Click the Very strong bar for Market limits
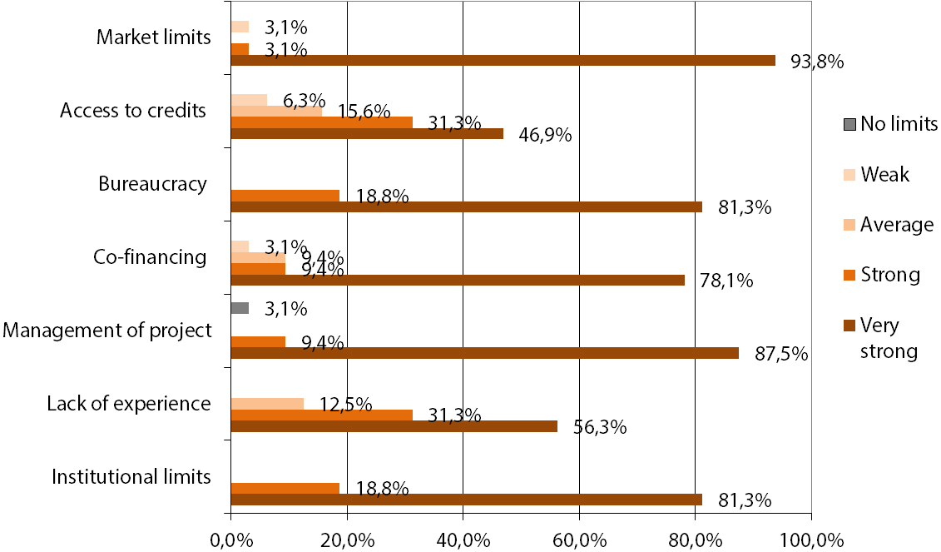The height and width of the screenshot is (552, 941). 503,60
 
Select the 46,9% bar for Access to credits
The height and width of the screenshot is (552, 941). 366,133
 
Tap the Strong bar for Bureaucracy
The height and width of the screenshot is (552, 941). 285,195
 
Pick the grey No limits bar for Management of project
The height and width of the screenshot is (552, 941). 240,308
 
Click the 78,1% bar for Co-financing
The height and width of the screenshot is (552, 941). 457,280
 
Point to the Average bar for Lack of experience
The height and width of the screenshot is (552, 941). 266,404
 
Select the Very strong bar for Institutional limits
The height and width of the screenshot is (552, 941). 466,500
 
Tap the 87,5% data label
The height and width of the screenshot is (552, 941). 781,354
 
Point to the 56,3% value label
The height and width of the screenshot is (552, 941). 600,427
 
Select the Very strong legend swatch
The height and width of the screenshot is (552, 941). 849,326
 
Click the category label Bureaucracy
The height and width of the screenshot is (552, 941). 151,183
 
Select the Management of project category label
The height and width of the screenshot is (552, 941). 106,331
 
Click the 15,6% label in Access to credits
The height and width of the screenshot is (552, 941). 364,111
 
